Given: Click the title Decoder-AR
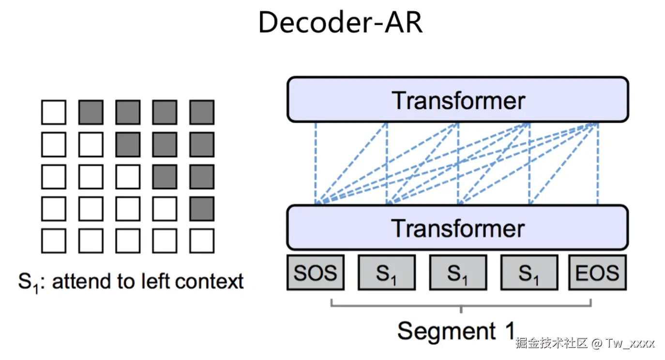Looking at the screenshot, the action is pos(341,22).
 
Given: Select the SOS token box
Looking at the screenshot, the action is pos(316,272).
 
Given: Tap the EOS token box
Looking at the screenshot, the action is pos(597,272).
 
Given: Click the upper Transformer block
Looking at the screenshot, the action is pos(458,99).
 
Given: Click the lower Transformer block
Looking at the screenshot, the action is pos(457,227).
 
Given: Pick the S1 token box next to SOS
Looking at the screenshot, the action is pos(387,272).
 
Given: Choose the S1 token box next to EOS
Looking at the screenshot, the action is pos(529,272).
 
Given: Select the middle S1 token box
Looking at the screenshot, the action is pos(458,272).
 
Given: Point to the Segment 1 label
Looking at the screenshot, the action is pos(456,330).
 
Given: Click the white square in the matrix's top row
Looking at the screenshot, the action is pos(54,112).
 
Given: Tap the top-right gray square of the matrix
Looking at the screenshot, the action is pos(202,112).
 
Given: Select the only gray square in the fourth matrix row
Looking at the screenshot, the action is pos(202,209).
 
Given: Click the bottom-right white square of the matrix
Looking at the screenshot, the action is pos(202,240).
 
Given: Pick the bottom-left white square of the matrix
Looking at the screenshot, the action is pos(54,240).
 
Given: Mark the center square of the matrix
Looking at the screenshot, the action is pos(128,177).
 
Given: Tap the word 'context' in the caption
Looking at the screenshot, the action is pos(209,281).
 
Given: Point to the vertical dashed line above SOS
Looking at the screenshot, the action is pos(316,164).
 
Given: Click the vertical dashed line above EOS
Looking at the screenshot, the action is pos(598,164).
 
